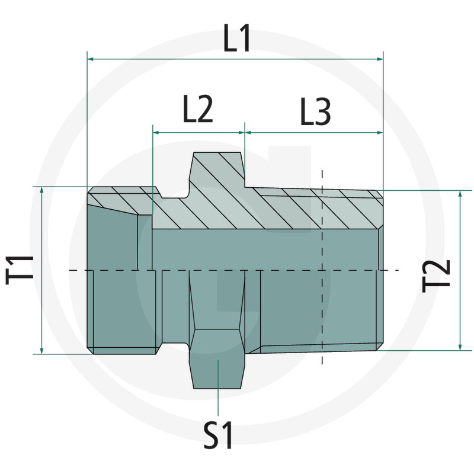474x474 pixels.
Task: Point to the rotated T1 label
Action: coord(20,270)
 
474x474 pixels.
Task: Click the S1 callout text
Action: coord(219,435)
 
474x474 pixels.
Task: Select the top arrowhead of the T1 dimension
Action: coord(43,190)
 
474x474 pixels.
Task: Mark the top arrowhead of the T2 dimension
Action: coord(460,194)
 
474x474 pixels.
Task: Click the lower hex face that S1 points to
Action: coord(217,367)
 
